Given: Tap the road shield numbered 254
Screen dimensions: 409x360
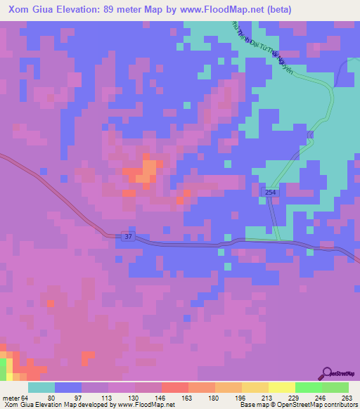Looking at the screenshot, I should [x=271, y=192].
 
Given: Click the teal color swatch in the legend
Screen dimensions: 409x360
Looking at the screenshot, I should [x=41, y=387].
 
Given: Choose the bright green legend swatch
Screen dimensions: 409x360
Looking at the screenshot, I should [x=308, y=387].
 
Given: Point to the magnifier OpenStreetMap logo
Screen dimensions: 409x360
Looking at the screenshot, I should [x=327, y=373].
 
